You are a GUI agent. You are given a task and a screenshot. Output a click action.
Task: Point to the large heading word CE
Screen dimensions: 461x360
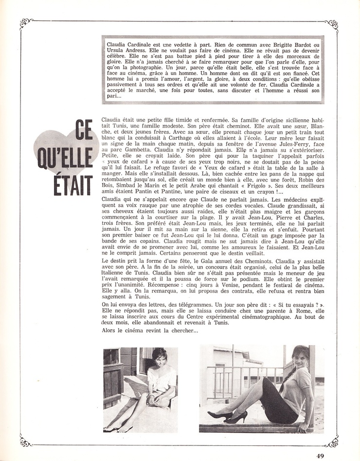coord(84,132)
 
